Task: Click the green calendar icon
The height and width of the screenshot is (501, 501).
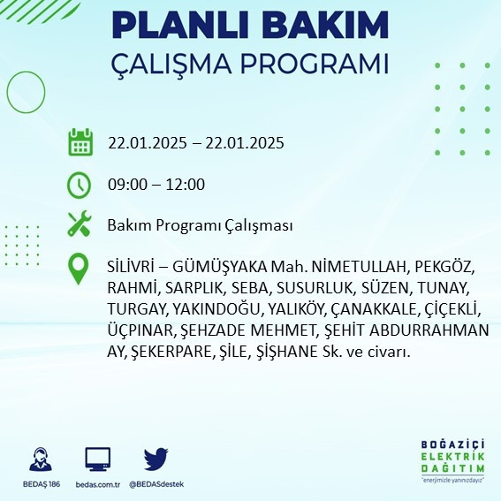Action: tap(80, 142)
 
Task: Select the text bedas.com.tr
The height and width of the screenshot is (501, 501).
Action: tap(97, 484)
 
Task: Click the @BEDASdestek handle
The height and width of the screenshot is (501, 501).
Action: tap(156, 484)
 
